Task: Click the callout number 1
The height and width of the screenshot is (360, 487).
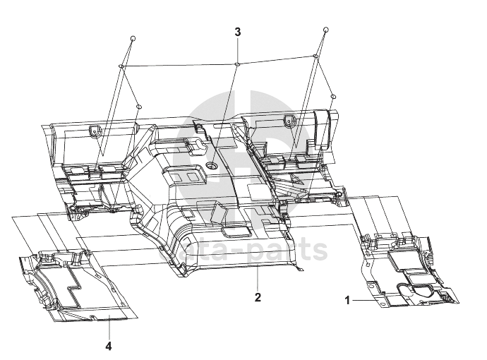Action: [x=347, y=300]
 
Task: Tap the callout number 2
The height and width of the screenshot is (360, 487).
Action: [x=258, y=297]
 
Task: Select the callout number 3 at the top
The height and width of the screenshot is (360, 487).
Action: [x=238, y=32]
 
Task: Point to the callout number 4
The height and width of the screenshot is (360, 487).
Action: [x=109, y=346]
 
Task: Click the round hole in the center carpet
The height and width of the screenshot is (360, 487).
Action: [x=211, y=165]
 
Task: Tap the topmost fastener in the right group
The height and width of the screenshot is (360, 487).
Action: [x=325, y=30]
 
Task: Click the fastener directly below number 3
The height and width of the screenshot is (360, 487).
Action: [x=238, y=64]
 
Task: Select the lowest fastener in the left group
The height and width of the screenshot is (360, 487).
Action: [x=139, y=106]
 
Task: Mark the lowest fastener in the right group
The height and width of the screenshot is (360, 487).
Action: [x=332, y=95]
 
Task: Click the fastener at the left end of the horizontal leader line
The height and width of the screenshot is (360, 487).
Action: [x=121, y=66]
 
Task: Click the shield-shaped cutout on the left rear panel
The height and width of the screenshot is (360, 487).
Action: [x=94, y=129]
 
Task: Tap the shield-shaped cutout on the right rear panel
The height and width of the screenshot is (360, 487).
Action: [x=289, y=121]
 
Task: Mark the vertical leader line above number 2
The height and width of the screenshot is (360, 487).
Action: [x=258, y=279]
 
